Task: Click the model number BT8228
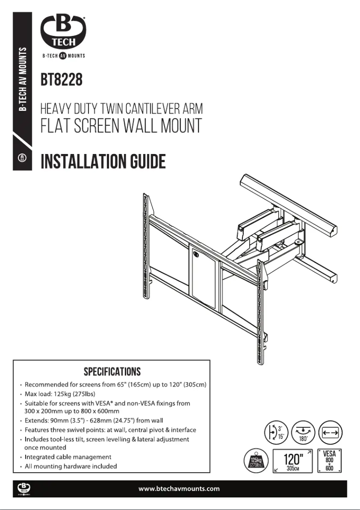coord(61,81)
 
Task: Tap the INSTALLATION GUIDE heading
coord(103,161)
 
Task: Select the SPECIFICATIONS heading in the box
coord(112,372)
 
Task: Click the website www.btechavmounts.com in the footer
coord(180,488)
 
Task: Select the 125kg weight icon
coord(256,460)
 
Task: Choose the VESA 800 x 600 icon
coord(329,460)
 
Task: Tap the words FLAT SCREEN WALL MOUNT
coord(121,126)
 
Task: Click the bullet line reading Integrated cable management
coord(67,457)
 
